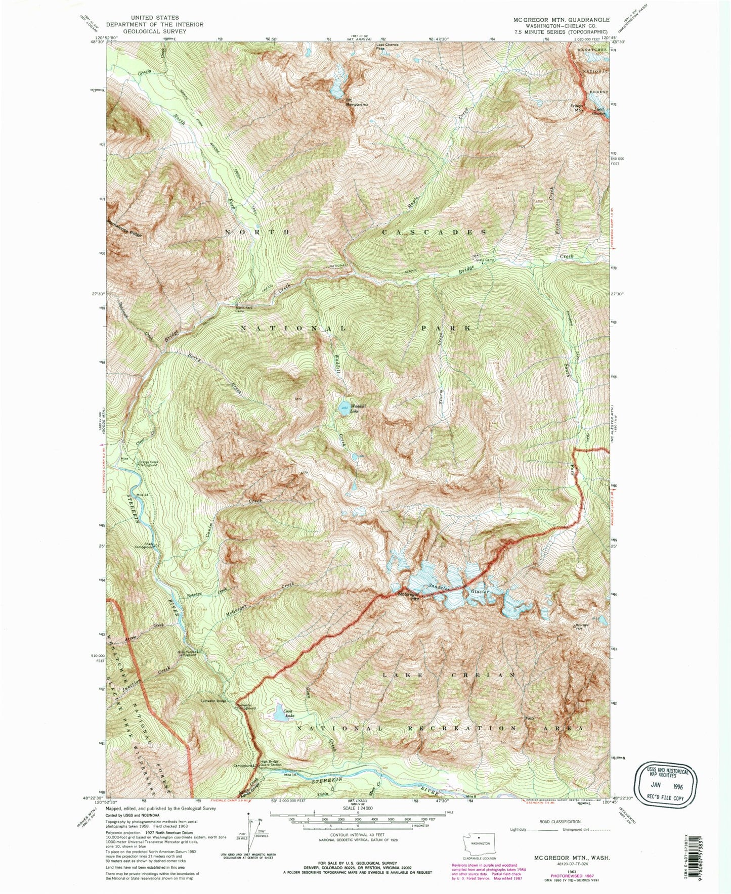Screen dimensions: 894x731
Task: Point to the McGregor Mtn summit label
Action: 409,597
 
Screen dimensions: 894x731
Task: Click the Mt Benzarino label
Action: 357,102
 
